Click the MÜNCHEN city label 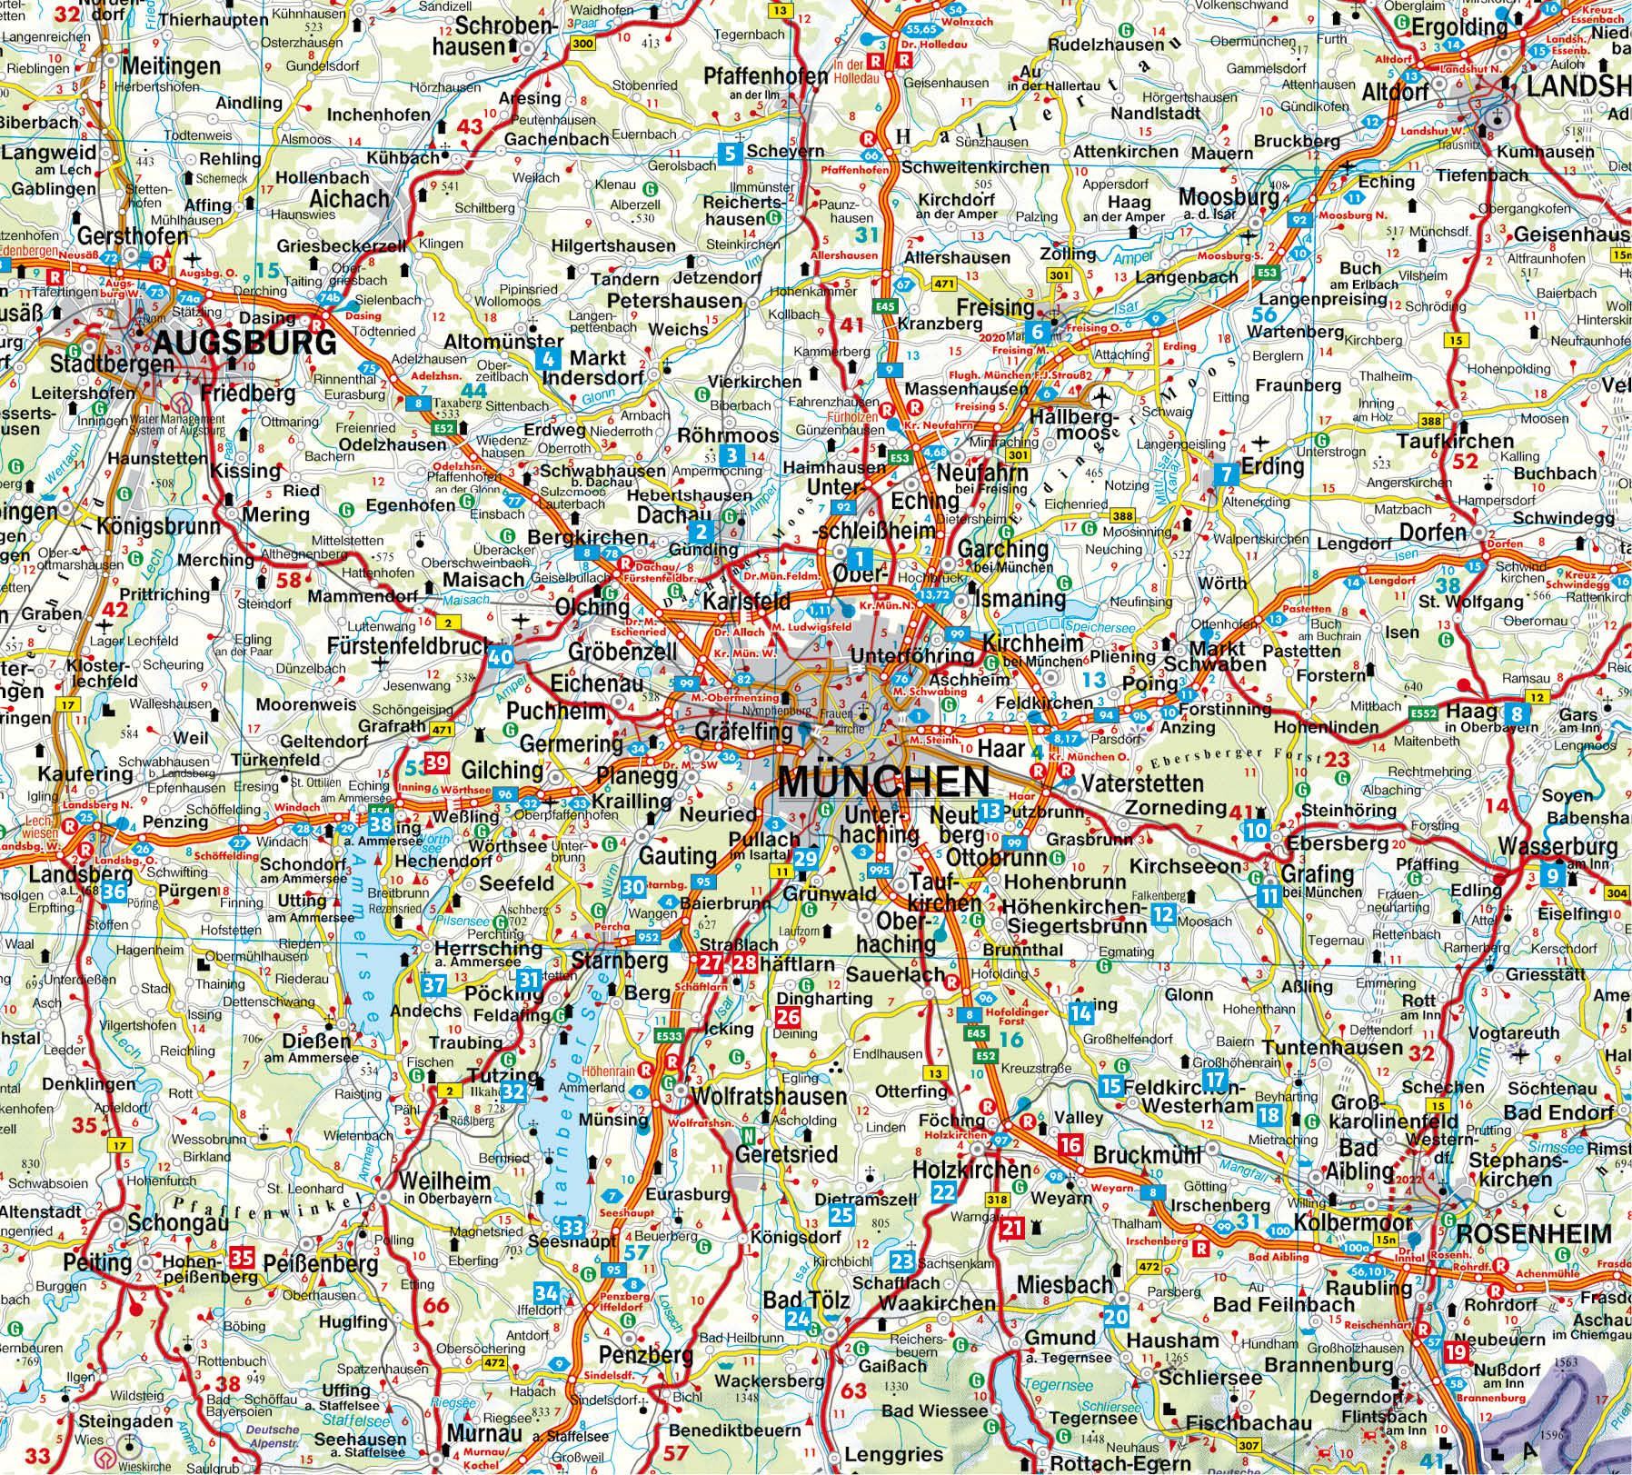pos(883,782)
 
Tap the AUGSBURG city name pos(244,344)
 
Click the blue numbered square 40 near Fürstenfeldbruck pos(500,656)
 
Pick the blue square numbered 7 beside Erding pos(1226,473)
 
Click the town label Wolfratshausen pos(769,1096)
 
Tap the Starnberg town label pos(619,961)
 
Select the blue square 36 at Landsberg pos(114,892)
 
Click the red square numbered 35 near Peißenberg pos(242,1258)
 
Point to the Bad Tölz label pos(806,1300)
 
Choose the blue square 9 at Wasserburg pos(1552,876)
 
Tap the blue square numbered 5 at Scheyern pos(730,153)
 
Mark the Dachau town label pos(661,515)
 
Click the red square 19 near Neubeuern pos(1454,1350)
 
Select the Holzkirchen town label pos(971,1170)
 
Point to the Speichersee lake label pos(1102,628)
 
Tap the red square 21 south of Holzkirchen pos(1012,1228)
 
